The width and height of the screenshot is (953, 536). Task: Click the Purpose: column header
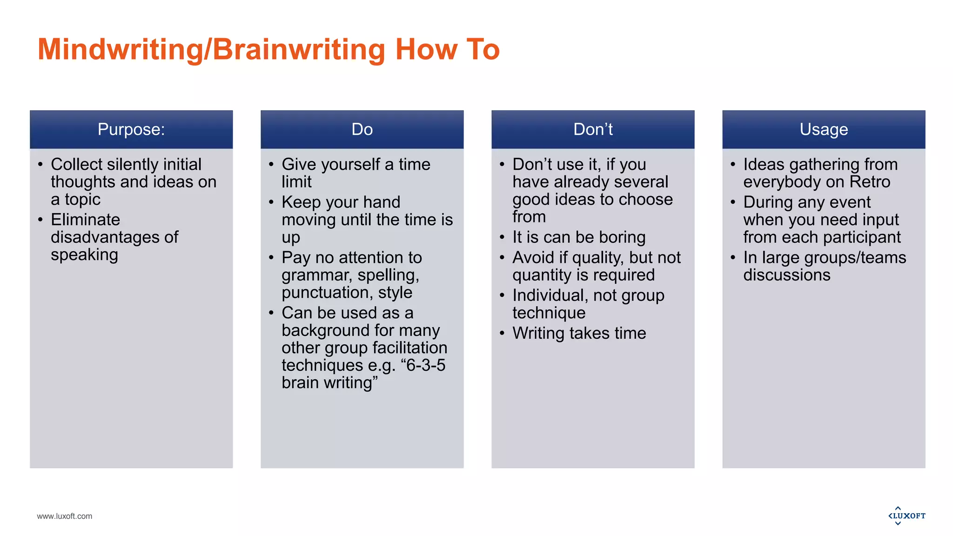click(x=131, y=129)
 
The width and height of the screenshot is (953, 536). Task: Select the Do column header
click(x=362, y=129)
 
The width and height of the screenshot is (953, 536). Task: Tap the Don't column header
click(x=593, y=129)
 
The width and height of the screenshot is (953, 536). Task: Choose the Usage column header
click(x=824, y=129)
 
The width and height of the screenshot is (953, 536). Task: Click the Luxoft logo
click(x=907, y=516)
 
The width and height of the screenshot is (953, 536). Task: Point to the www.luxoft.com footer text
click(x=65, y=516)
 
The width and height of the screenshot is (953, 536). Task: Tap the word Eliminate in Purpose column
click(x=86, y=220)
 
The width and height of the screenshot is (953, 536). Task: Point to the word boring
click(x=622, y=237)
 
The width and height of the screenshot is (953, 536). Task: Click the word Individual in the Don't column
click(x=548, y=295)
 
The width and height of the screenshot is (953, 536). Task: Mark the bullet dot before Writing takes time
click(x=502, y=334)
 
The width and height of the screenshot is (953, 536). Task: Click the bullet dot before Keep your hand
click(x=271, y=202)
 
